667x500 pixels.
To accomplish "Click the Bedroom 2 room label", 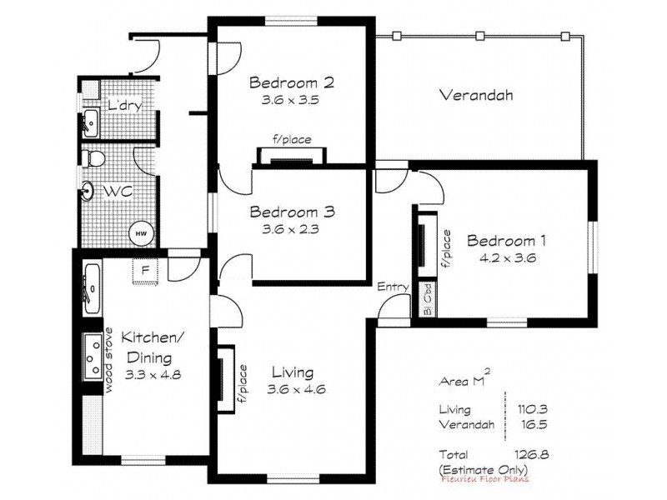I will point(292,82).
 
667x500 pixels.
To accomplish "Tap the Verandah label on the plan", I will point(475,95).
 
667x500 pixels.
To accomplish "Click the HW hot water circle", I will point(141,234).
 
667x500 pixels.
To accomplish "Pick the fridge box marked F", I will point(145,271).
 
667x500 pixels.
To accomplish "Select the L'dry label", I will point(124,106).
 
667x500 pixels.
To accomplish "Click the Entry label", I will point(393,287).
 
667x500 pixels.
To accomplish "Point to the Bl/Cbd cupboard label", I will point(426,299).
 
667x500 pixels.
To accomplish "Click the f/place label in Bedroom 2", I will point(292,140).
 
